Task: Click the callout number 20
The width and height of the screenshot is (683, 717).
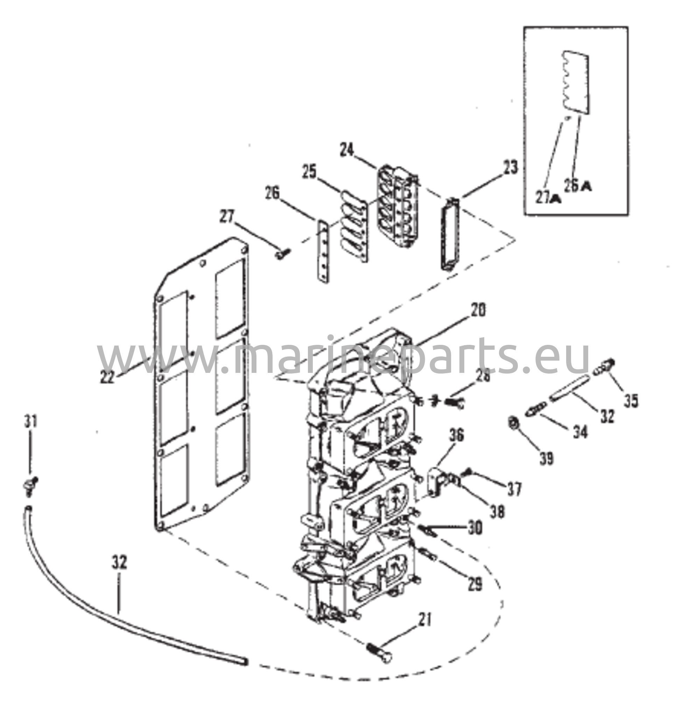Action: [x=478, y=310]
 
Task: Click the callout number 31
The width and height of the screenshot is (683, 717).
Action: [x=30, y=422]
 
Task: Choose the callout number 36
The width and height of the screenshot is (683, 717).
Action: [x=457, y=435]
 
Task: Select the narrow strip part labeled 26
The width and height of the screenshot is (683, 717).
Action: [x=323, y=252]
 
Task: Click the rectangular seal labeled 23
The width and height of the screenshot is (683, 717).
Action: [x=450, y=234]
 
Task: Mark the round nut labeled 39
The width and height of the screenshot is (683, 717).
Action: [x=514, y=423]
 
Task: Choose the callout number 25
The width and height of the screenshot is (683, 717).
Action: [x=309, y=172]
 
